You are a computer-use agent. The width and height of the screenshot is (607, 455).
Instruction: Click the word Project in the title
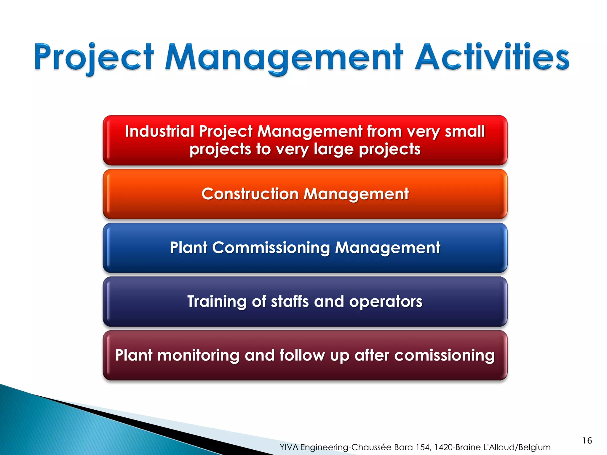click(94, 57)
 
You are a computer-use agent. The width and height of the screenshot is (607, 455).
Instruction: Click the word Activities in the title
click(492, 57)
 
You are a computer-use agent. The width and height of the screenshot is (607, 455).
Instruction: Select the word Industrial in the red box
click(159, 131)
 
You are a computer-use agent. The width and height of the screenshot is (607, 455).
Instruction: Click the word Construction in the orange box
click(250, 194)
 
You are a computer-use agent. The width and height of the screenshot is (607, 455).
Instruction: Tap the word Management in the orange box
click(356, 194)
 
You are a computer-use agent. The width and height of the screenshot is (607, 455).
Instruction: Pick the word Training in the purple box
click(217, 302)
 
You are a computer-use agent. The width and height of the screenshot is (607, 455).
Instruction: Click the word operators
click(386, 302)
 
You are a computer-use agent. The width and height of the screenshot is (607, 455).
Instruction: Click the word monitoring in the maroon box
click(198, 355)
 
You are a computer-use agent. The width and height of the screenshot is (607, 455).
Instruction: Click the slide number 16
click(587, 440)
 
